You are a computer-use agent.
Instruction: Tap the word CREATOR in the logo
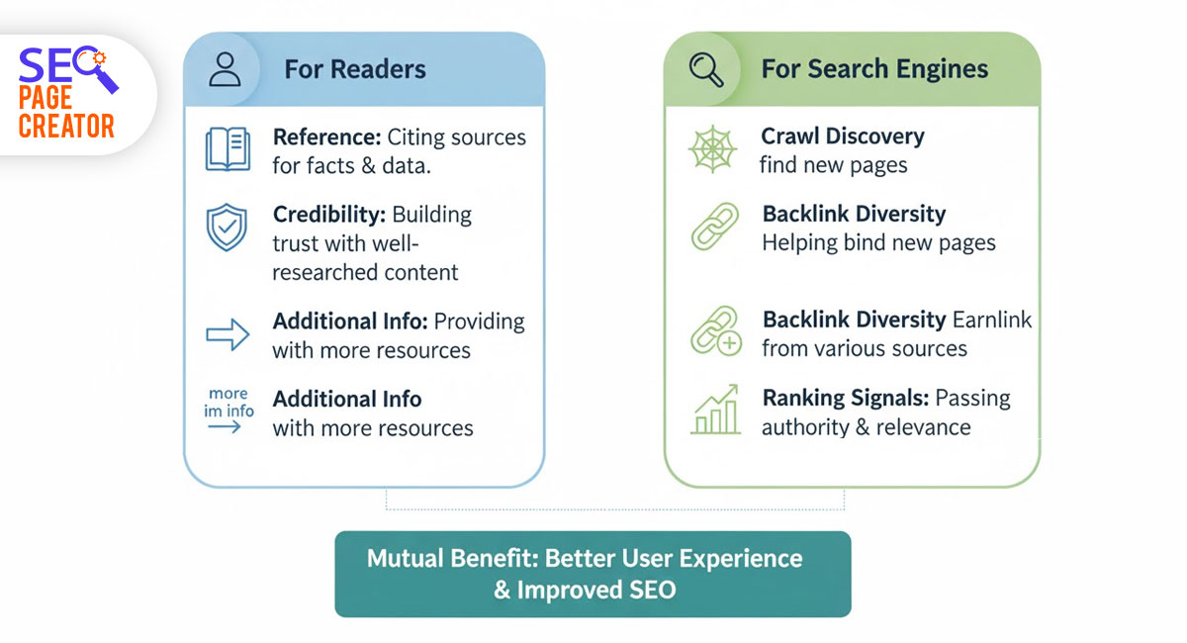[66, 126]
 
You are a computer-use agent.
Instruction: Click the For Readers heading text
[355, 69]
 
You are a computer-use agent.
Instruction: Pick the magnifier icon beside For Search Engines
[706, 69]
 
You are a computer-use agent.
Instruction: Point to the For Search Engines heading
[874, 69]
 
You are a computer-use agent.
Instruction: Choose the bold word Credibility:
[329, 215]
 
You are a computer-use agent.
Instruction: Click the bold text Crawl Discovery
[843, 137]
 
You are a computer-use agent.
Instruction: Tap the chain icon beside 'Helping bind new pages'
[714, 229]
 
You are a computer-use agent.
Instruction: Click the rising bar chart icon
[715, 411]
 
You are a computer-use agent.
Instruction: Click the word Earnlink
[992, 321]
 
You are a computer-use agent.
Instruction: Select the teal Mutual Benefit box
[593, 574]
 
